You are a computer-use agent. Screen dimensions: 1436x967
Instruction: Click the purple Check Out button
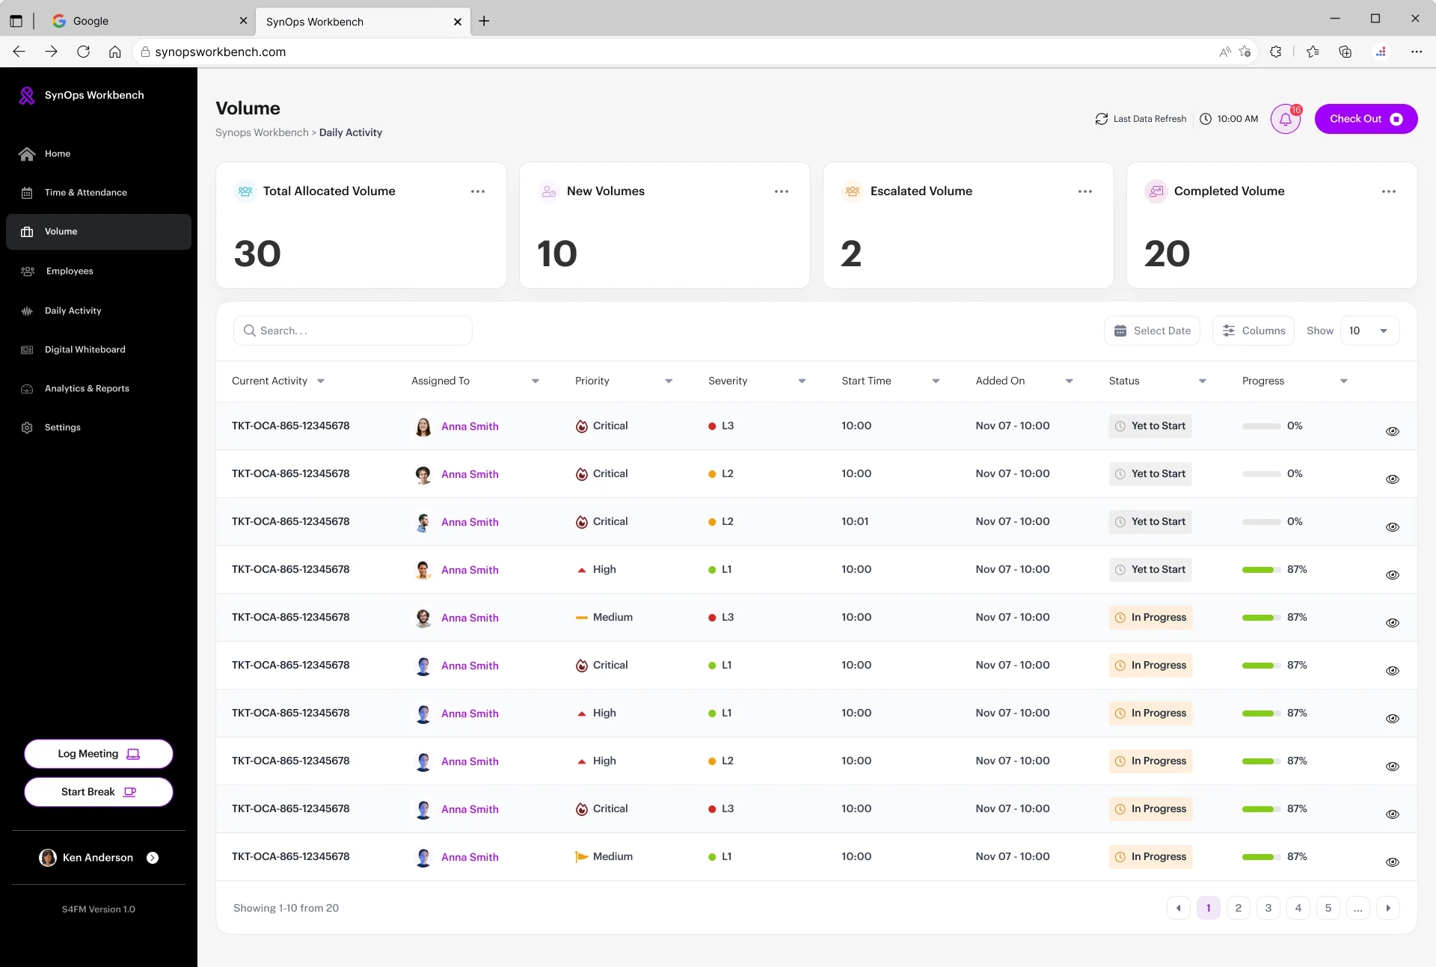point(1366,119)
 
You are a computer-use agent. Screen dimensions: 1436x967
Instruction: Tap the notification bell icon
point(1286,119)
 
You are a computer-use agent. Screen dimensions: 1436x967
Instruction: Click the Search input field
point(353,331)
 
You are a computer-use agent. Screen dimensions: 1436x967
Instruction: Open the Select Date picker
point(1152,331)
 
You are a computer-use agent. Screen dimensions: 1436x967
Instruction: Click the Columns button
point(1254,331)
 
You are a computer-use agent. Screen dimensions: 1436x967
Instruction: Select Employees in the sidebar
point(70,271)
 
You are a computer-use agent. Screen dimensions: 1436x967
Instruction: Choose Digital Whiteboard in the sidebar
point(85,349)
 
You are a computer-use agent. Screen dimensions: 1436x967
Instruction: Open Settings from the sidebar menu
point(62,427)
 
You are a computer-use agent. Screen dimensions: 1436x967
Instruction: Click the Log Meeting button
point(99,754)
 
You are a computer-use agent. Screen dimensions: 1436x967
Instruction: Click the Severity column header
point(728,381)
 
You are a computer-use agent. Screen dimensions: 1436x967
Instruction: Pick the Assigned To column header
point(441,381)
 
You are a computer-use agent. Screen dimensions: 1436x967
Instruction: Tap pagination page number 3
point(1268,908)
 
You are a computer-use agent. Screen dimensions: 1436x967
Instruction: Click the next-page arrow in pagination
point(1388,908)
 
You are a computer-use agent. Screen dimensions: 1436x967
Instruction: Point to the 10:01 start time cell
point(855,521)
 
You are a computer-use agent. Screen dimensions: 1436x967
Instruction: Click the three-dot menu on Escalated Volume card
point(1085,191)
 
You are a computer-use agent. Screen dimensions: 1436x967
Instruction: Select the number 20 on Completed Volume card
point(1167,254)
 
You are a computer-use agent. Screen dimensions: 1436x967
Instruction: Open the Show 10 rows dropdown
point(1369,331)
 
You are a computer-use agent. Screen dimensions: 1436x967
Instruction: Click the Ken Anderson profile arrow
point(153,858)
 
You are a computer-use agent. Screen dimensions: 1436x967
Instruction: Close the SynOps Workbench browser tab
point(458,22)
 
